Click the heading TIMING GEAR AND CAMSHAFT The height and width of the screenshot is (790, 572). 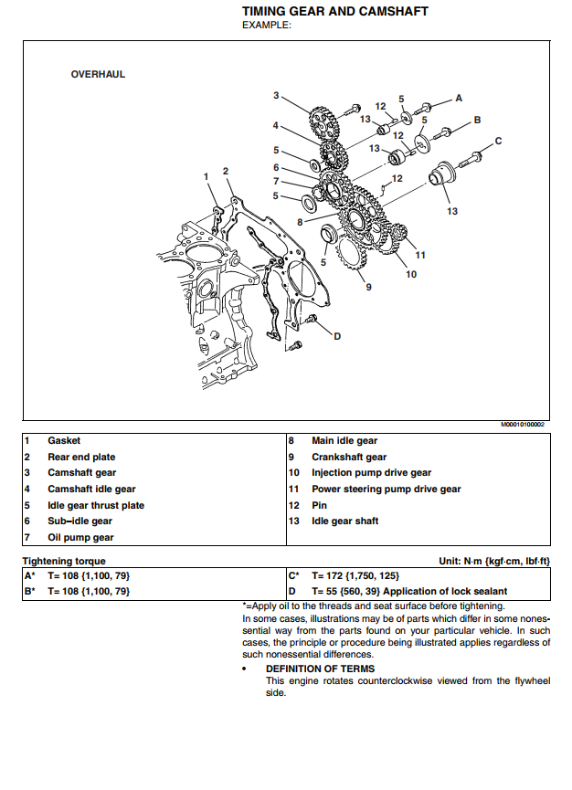[x=334, y=11]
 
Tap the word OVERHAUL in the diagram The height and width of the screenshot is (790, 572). [x=98, y=74]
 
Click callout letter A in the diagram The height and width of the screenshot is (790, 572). [x=459, y=97]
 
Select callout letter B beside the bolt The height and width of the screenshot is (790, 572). [x=476, y=120]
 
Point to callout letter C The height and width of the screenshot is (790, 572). [x=498, y=141]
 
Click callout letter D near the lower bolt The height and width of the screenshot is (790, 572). [x=336, y=336]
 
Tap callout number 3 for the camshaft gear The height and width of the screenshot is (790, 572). [x=276, y=95]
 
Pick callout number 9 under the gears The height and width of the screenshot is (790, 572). [x=368, y=287]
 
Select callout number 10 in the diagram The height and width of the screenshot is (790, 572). [x=411, y=273]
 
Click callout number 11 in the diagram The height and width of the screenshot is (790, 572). [x=420, y=254]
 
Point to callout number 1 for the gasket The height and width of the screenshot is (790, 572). [x=207, y=175]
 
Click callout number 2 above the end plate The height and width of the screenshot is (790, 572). [x=226, y=171]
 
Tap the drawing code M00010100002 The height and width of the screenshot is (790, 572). [x=522, y=425]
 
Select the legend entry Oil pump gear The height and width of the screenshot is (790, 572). [x=80, y=538]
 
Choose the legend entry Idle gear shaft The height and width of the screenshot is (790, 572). [x=344, y=521]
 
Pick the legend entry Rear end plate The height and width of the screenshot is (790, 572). [x=81, y=457]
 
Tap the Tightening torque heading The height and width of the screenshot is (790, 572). [x=64, y=561]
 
